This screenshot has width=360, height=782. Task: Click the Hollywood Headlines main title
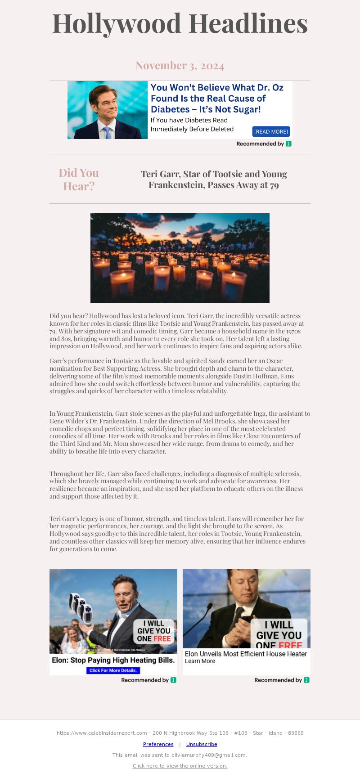point(180,23)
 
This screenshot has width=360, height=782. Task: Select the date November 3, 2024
point(180,66)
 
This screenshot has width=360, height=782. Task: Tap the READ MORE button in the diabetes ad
point(271,131)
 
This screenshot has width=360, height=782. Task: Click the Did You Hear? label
point(79,179)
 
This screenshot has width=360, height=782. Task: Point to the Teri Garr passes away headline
point(214,179)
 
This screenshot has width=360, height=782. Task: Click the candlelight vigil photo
point(180,258)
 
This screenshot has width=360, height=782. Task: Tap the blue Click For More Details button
point(113,670)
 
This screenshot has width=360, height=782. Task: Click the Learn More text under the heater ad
point(200,661)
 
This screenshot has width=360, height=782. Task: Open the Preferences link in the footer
point(158,744)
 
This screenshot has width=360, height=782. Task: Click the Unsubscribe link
point(202,744)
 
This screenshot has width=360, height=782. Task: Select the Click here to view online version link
point(180,766)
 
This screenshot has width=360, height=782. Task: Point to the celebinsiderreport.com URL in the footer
point(102,733)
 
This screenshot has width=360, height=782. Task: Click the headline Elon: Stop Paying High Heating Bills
point(113,660)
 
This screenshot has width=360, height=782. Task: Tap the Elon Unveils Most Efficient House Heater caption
point(246,654)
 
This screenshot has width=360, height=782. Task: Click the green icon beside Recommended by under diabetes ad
point(288,144)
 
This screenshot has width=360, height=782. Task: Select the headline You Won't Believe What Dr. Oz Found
point(217,98)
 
